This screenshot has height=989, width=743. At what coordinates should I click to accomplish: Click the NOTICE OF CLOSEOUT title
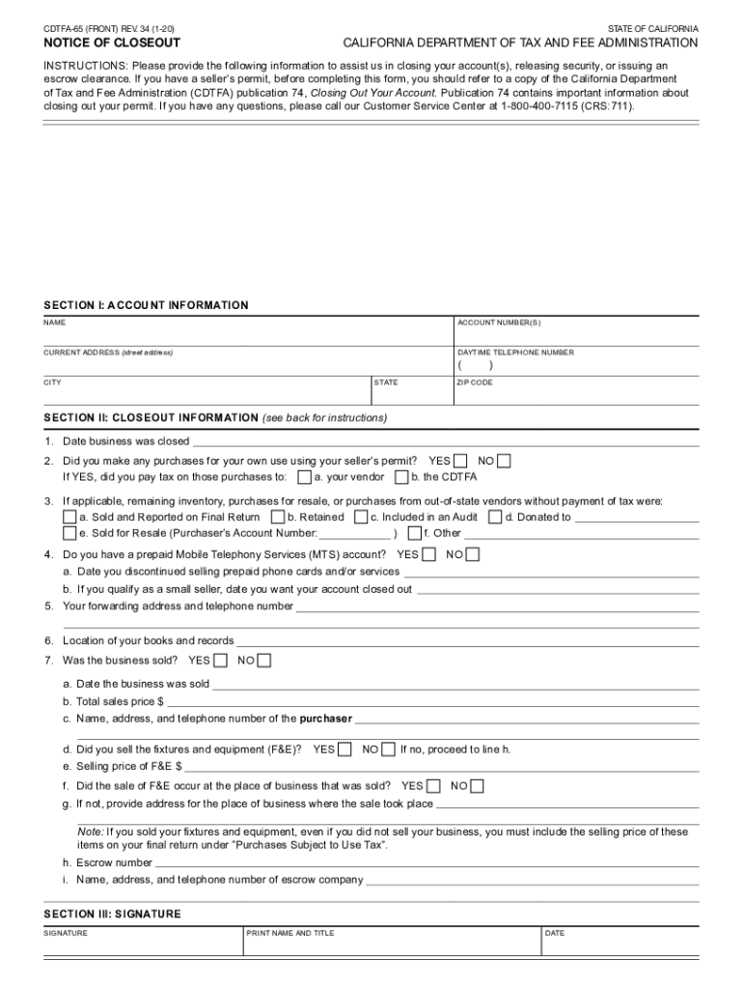112,43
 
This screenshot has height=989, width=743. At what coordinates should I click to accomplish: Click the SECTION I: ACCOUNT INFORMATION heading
146,305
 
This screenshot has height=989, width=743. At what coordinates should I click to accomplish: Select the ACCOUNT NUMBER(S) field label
499,323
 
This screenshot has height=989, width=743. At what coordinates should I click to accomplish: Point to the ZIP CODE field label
475,382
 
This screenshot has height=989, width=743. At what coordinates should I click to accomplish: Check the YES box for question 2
461,461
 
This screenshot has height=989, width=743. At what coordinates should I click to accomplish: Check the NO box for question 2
505,461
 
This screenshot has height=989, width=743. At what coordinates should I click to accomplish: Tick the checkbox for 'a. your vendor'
305,477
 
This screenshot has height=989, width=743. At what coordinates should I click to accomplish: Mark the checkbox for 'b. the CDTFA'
401,477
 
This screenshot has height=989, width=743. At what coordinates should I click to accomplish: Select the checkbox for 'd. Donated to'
495,517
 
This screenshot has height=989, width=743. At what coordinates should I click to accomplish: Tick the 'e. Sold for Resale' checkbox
69,532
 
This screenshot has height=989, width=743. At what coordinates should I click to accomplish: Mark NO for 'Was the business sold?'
264,661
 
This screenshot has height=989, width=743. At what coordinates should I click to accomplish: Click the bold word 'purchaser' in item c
326,719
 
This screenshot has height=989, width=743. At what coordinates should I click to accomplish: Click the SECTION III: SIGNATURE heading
112,914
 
